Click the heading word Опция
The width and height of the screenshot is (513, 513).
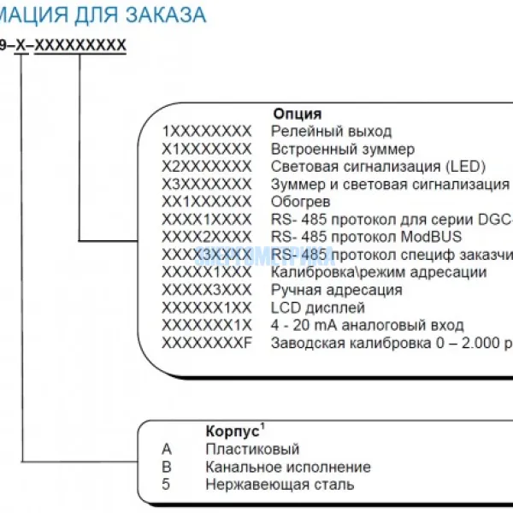click(298, 114)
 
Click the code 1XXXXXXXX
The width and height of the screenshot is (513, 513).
click(207, 131)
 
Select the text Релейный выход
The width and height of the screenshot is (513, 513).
click(331, 131)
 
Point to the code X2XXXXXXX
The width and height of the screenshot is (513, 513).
click(207, 166)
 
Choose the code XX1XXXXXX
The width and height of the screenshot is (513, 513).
click(207, 202)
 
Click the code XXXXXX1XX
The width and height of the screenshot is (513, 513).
click(207, 308)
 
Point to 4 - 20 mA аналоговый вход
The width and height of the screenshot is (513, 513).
click(368, 325)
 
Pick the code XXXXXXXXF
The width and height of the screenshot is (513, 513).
click(207, 343)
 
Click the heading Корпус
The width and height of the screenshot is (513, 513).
click(232, 432)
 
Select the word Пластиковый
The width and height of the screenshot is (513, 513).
click(252, 450)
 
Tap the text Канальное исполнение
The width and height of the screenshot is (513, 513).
click(288, 467)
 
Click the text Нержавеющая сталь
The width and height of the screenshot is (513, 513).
click(280, 485)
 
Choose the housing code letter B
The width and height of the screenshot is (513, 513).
click(166, 467)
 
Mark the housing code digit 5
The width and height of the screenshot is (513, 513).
click(166, 485)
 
